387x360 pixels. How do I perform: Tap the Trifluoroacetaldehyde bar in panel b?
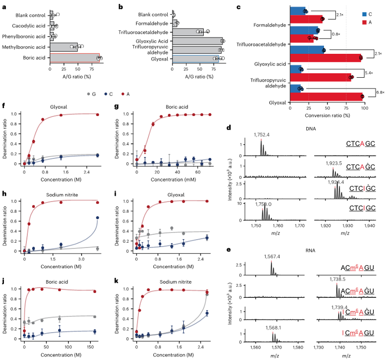coord(188,32)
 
